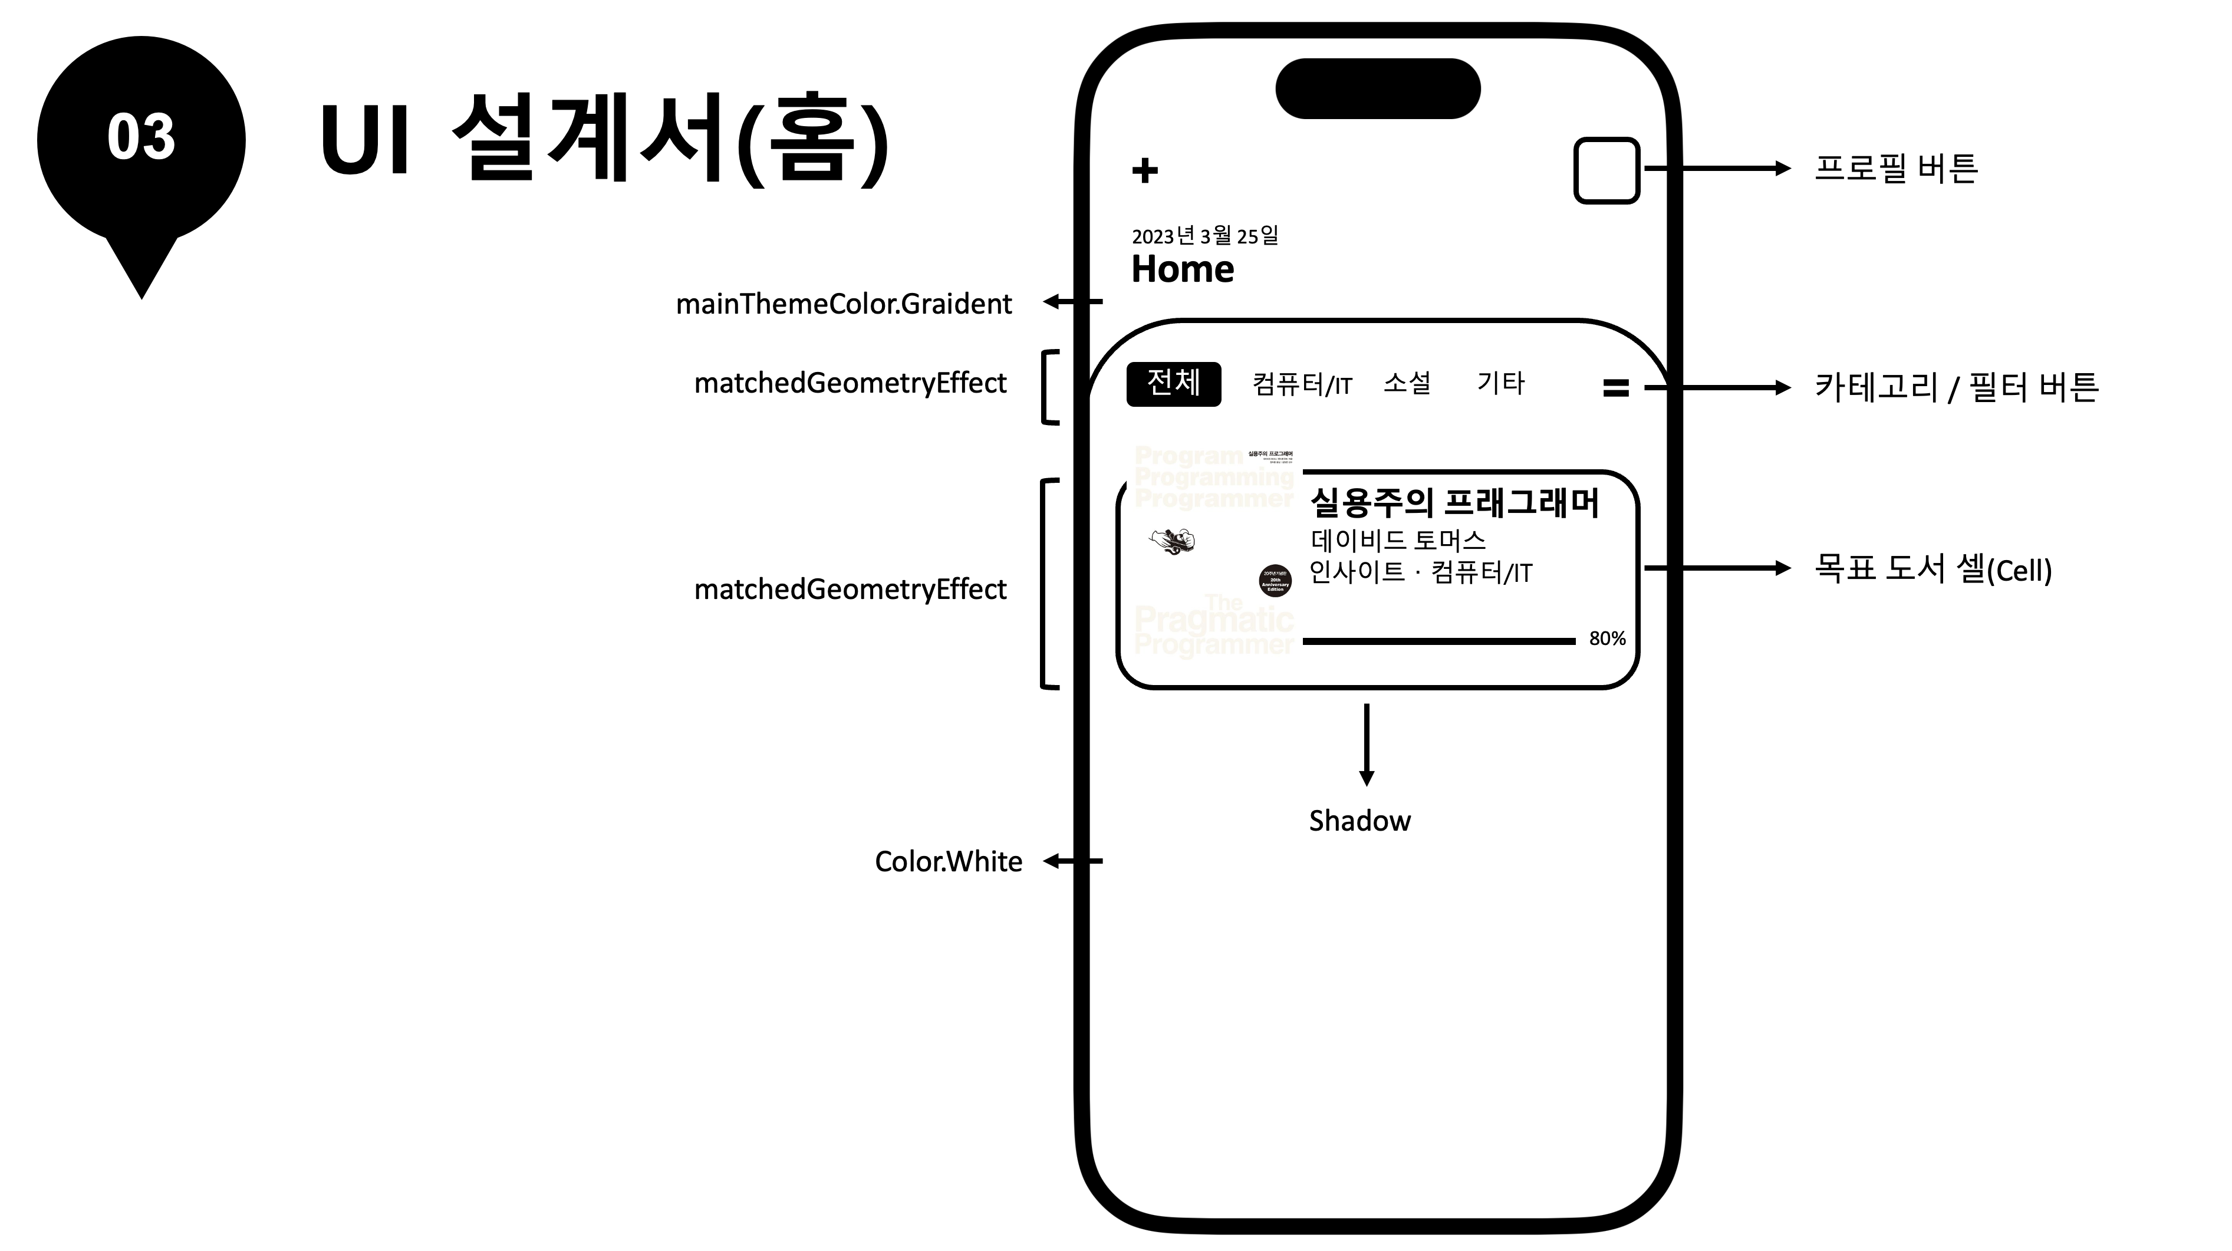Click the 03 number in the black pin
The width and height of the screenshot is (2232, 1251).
click(141, 137)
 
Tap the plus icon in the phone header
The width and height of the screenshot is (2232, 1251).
click(1145, 170)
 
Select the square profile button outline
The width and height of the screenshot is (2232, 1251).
click(1606, 170)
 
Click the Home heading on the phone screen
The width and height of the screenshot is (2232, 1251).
click(1183, 269)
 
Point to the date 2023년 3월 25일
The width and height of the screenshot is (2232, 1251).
click(1205, 236)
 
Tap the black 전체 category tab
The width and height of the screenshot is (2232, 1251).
click(1173, 384)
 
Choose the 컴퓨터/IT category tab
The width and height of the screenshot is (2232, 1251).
click(1302, 384)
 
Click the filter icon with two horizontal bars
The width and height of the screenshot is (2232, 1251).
click(1616, 388)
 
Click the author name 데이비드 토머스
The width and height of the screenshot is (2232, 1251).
click(1398, 541)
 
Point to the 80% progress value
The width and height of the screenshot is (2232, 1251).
click(1607, 638)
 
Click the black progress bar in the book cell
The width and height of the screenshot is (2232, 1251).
click(1438, 641)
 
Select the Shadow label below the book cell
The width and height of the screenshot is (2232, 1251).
click(1359, 821)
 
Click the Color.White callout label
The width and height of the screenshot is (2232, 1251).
click(948, 861)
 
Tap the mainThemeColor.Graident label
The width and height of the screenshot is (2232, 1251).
click(843, 304)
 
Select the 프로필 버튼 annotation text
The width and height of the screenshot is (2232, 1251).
click(1896, 168)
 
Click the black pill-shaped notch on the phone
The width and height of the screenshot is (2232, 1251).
click(1378, 88)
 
